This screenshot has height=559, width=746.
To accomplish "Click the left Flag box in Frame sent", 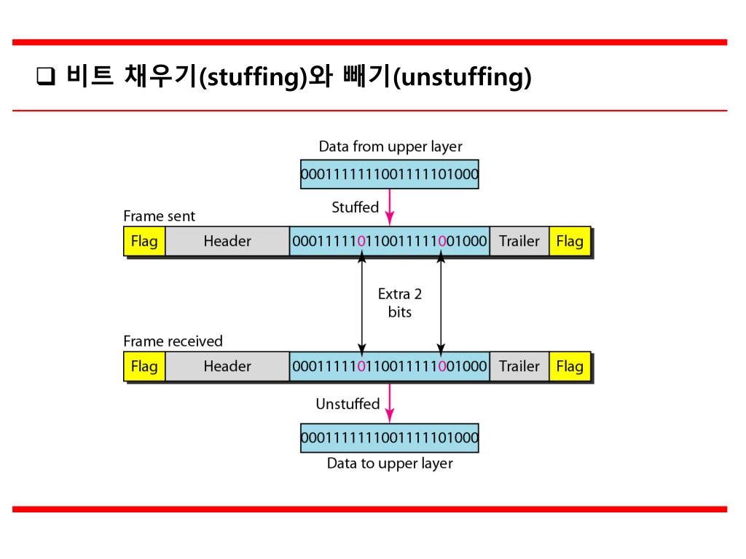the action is [x=144, y=241].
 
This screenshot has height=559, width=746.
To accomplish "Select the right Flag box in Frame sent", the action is [x=570, y=241].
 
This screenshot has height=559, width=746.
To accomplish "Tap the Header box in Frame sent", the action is [x=227, y=241].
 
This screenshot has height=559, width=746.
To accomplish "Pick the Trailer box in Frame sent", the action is [x=519, y=241].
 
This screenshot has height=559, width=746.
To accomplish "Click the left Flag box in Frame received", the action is [x=144, y=366].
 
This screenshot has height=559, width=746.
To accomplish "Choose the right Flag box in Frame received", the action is [x=570, y=366].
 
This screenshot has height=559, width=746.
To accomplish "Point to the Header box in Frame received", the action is [x=227, y=366].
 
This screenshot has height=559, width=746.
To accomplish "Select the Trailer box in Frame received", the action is [x=519, y=366].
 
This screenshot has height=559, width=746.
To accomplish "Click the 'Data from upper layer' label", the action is [x=390, y=146].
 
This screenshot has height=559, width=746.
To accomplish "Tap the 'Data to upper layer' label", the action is [x=390, y=464].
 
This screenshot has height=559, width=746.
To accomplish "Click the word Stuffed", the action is [x=356, y=207].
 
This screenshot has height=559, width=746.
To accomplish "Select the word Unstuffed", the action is [x=348, y=403].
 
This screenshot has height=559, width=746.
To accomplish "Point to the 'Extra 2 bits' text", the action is [x=400, y=303].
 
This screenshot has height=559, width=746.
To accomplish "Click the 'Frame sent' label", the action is [x=160, y=216].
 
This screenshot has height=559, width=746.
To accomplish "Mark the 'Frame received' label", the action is [x=173, y=341].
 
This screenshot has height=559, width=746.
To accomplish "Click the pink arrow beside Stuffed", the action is [x=390, y=207].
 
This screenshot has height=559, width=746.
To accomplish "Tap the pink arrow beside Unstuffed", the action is [x=390, y=403].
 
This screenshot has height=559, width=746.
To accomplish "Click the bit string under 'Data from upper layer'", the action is [x=390, y=175].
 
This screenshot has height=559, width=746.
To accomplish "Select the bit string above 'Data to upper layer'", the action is [x=390, y=437].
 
